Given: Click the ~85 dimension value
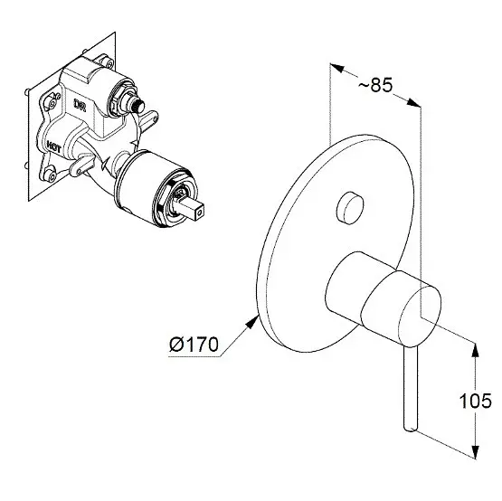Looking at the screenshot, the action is tap(374, 85).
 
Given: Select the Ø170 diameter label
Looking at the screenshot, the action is tap(194, 345).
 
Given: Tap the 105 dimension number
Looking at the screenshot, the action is tap(475, 401).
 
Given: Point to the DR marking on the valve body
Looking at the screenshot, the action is tap(80, 105).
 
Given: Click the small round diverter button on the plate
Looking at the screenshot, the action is tap(350, 208).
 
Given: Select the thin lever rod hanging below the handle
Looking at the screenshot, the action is tap(411, 388).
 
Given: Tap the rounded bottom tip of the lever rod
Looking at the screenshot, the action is tap(411, 428).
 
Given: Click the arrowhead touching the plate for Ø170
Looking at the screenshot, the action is tap(252, 321).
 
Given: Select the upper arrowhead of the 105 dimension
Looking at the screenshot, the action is tap(476, 350).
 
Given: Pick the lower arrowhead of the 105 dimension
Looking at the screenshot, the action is tap(476, 451).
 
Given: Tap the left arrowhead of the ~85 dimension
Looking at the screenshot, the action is tap(337, 68).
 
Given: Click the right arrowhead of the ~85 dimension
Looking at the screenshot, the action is tap(413, 103).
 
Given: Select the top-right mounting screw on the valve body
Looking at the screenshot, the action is tap(109, 62).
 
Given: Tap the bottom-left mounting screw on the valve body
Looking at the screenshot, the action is tap(50, 175).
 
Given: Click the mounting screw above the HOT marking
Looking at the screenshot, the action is tap(52, 102).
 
